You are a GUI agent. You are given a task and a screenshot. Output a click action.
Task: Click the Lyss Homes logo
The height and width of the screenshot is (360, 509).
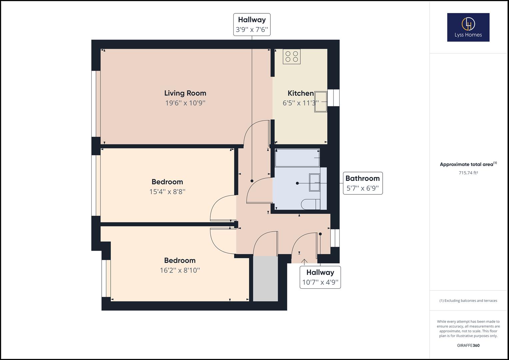pos(468,27)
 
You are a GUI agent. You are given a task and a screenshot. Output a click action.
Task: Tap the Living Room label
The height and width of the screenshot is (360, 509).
pos(185,93)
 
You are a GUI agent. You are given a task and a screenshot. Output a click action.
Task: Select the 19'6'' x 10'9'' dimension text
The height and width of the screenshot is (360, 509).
pos(185,103)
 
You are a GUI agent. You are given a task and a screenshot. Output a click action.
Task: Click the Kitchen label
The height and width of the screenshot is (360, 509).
pos(301,93)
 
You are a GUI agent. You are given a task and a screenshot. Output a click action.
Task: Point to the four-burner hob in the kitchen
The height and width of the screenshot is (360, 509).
pos(292,56)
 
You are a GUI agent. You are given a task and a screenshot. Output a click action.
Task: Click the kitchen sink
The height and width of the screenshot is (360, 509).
pos(320,102)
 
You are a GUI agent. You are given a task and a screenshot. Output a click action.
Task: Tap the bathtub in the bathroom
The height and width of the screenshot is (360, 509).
pos(297,158)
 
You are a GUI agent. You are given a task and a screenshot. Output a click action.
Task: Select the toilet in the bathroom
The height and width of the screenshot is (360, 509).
pos(310,204)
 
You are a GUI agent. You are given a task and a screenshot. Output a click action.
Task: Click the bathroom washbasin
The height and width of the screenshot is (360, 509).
pos(314,182)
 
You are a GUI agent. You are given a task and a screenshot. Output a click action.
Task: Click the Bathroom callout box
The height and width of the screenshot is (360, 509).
pos(363,183)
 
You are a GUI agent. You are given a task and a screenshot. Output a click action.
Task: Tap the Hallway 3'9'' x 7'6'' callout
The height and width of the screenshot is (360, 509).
pos(252,24)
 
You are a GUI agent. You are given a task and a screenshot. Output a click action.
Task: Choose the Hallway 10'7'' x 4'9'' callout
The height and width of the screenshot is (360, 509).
pos(320,277)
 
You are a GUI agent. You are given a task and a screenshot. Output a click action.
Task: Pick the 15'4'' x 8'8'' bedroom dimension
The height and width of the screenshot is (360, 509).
pos(167,192)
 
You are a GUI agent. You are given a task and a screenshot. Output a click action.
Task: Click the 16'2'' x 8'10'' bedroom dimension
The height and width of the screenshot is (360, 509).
pos(180,270)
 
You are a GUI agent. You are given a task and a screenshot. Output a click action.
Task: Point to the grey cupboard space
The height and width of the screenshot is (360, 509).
pos(265,279)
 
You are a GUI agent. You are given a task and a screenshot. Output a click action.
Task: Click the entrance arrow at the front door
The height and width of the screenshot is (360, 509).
pos(304,261)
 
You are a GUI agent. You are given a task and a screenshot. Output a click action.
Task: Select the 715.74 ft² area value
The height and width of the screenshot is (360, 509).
pos(468,173)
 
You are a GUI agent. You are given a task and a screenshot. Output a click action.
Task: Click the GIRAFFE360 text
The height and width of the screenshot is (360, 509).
pos(468,345)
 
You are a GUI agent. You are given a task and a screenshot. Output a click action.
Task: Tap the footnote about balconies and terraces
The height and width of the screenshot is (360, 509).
pos(468,301)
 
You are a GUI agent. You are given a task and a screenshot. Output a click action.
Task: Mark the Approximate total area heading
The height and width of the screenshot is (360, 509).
pos(468,164)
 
